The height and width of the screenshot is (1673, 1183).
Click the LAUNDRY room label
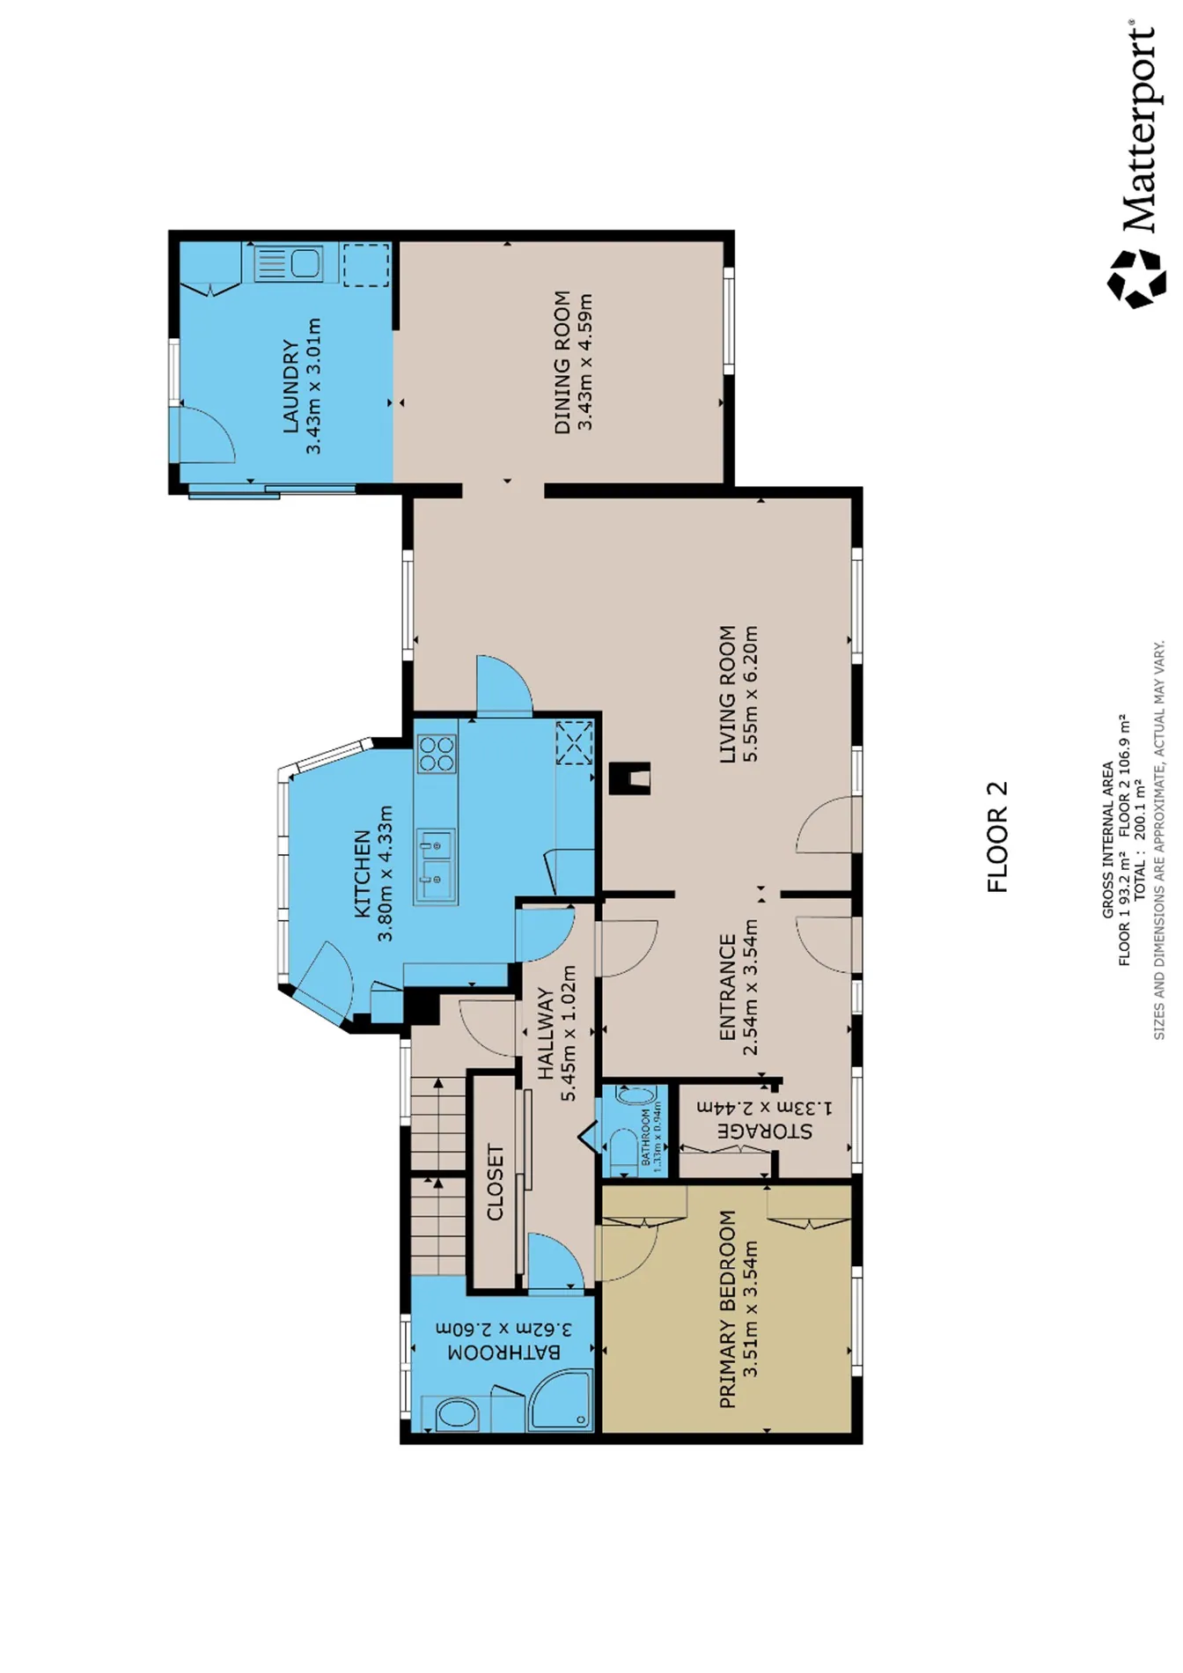290,386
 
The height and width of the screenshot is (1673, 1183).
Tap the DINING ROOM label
562,363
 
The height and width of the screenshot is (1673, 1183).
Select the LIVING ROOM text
727,695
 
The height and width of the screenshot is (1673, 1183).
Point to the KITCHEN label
363,873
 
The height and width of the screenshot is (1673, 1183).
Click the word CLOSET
496,1183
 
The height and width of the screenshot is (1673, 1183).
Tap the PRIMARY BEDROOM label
727,1309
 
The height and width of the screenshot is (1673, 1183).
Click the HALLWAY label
546,1033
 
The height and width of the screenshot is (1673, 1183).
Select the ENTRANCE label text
727,987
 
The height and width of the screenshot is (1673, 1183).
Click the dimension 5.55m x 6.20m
750,695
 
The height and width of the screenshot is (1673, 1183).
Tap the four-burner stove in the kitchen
437,755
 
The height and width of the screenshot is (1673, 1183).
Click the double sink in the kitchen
436,866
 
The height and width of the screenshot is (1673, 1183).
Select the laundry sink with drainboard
288,263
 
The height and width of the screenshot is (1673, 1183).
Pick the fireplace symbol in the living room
630,778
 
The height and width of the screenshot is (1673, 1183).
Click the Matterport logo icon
1136,278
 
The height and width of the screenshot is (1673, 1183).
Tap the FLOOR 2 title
997,837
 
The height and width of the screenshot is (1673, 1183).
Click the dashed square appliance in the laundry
366,265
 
